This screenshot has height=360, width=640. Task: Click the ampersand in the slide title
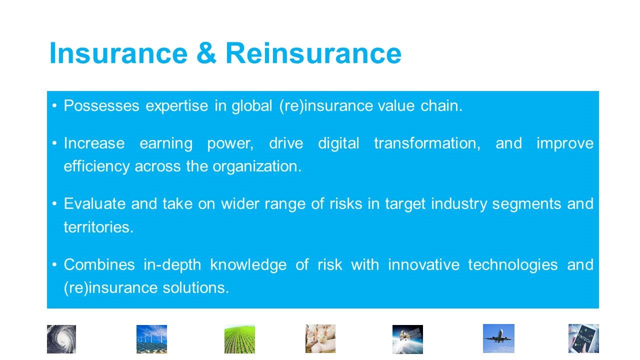point(206,53)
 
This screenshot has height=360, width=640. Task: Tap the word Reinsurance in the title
point(313,53)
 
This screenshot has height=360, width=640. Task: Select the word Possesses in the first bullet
point(101,105)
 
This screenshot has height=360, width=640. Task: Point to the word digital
point(338,143)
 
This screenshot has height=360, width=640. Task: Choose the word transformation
point(427,143)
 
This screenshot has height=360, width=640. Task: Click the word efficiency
point(96,166)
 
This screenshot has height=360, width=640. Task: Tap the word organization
point(257,166)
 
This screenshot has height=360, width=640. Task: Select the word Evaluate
point(94,203)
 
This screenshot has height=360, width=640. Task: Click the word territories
point(98,227)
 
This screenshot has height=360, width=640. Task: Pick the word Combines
point(99,264)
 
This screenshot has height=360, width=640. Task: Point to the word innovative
point(423,264)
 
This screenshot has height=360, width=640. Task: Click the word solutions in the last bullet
point(195,287)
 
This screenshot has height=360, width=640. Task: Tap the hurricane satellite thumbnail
point(61,339)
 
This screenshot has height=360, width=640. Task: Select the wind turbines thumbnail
point(151,339)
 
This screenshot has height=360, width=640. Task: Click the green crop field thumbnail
point(239,339)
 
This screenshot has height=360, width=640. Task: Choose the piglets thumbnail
point(320,339)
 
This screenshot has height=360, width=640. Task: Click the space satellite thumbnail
point(407,339)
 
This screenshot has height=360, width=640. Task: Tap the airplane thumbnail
point(498,338)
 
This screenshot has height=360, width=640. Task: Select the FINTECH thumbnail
point(583,338)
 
